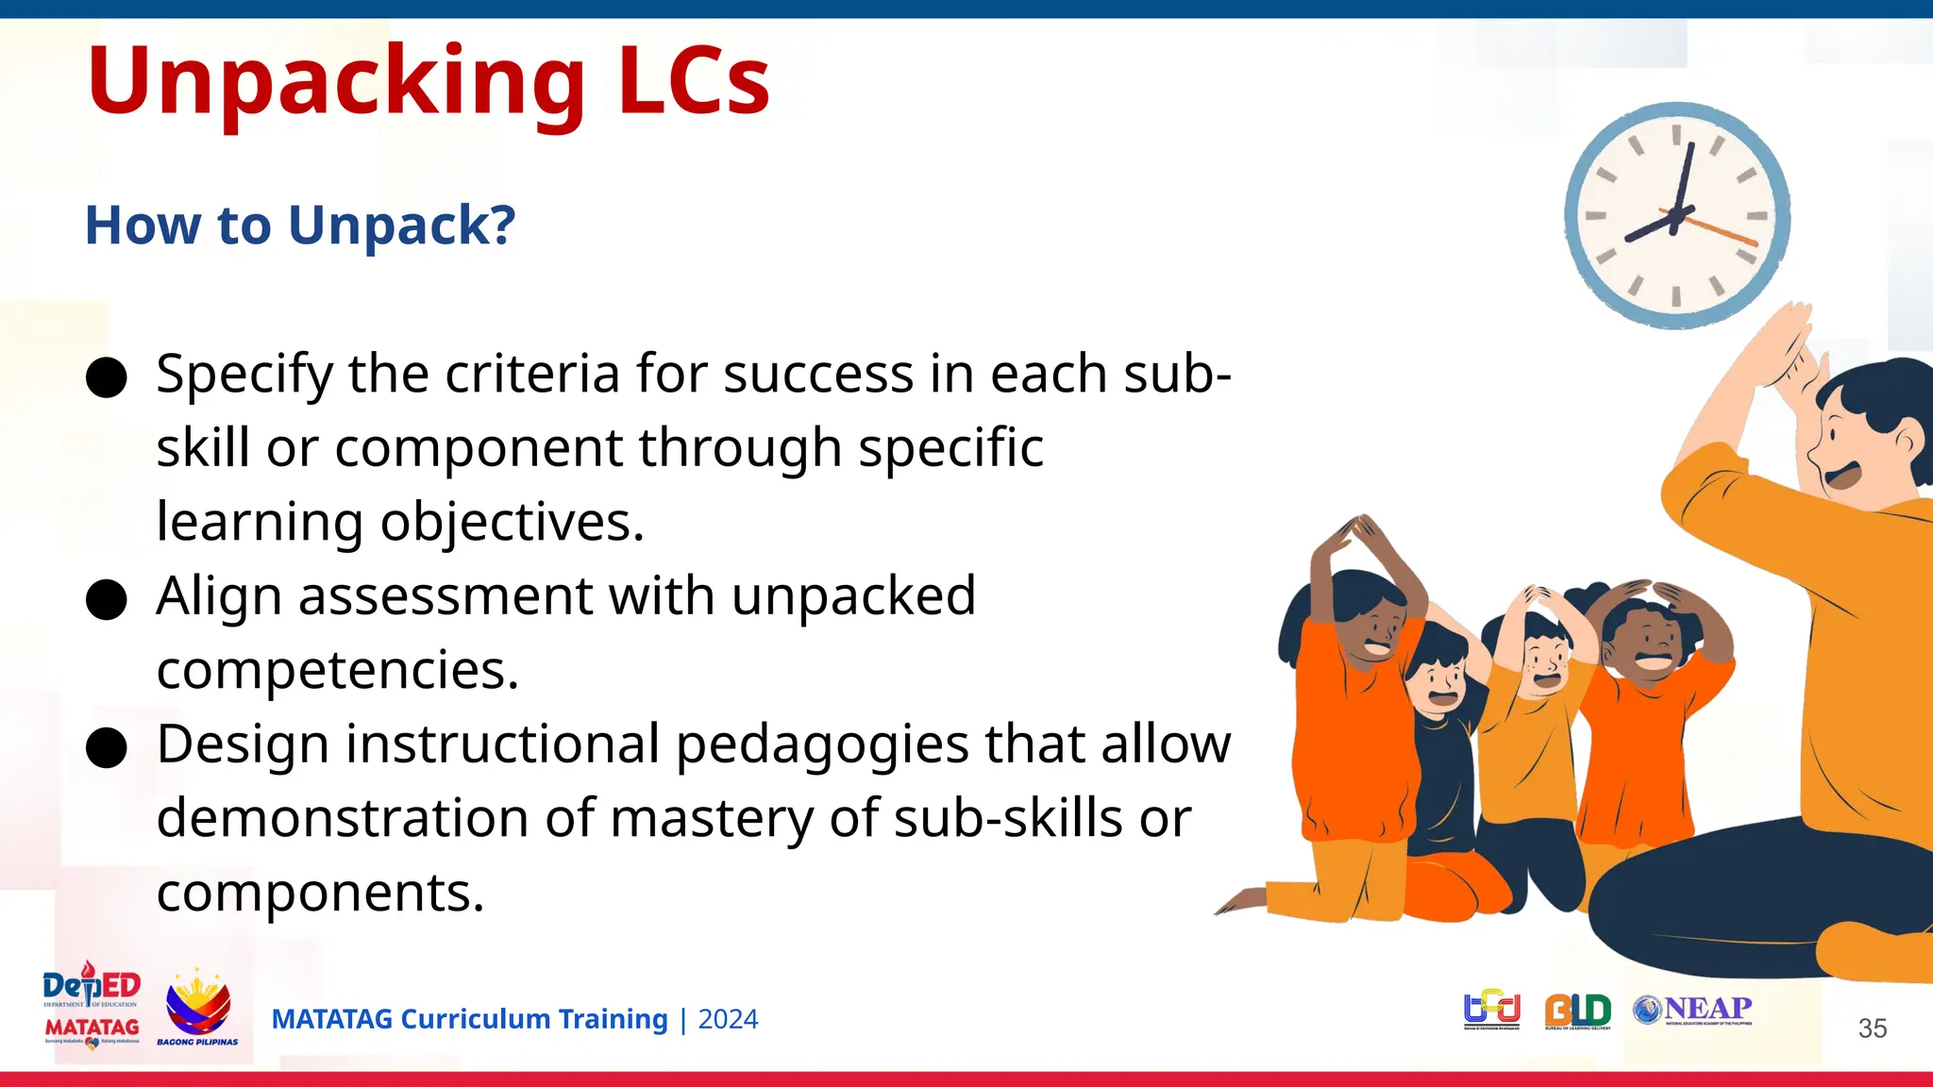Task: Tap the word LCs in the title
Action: (x=694, y=83)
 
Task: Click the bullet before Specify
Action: (x=106, y=377)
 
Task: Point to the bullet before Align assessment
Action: (x=106, y=600)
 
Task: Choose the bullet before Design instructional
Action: (x=106, y=748)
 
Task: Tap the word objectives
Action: (x=512, y=522)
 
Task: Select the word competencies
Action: (x=337, y=670)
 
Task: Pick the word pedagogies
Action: (x=822, y=744)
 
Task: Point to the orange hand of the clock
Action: (x=1720, y=232)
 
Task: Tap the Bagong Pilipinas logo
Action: (x=197, y=1009)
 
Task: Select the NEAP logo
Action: (x=1693, y=1010)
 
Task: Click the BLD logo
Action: (x=1577, y=1011)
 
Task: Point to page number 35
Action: (x=1872, y=1028)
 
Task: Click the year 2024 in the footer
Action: (x=728, y=1020)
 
